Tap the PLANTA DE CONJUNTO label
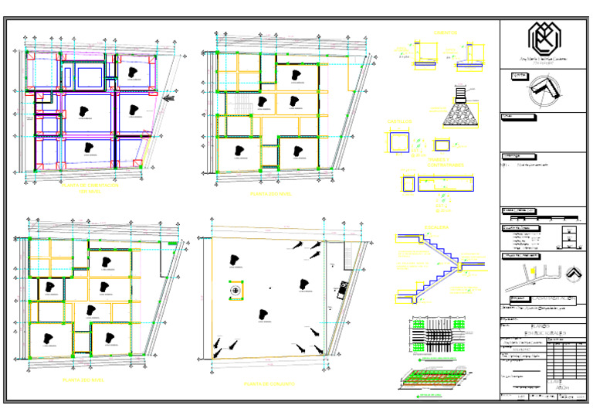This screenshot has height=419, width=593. click(x=269, y=383)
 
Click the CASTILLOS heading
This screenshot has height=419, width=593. click(x=399, y=121)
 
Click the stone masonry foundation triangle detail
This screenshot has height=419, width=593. click(x=463, y=115)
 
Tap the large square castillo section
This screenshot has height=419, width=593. click(x=400, y=143)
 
